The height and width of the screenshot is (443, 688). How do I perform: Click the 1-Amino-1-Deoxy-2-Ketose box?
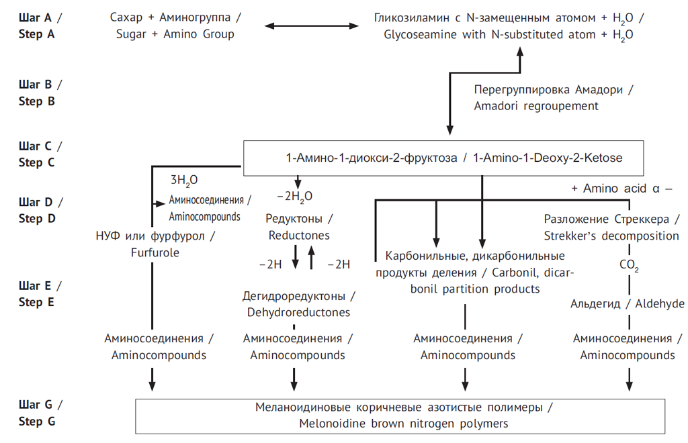pos(443,158)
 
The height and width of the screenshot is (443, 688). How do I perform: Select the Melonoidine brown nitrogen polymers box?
pos(400,416)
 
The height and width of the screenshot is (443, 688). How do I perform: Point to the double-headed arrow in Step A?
pos(311,26)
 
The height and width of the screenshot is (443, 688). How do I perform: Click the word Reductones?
pos(299,236)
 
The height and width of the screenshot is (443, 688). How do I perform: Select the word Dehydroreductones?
pos(298,312)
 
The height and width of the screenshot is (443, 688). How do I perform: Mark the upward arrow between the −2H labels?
pos(311,258)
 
